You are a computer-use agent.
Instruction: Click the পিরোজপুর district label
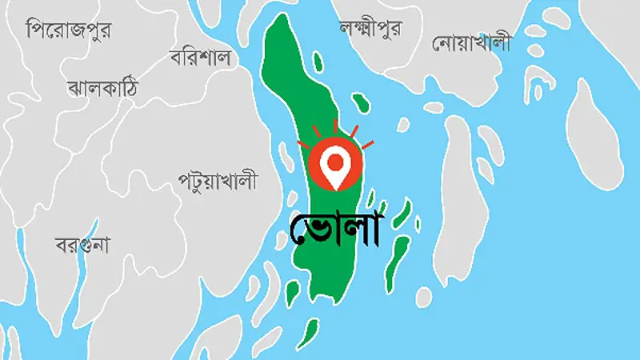(69, 31)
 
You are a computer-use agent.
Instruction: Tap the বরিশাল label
(200, 58)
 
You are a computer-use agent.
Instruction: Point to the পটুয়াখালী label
(218, 182)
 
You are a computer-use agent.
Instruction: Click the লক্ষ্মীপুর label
(370, 28)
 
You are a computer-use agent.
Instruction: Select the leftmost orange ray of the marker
(302, 146)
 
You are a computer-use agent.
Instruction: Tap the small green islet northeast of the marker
(360, 102)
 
